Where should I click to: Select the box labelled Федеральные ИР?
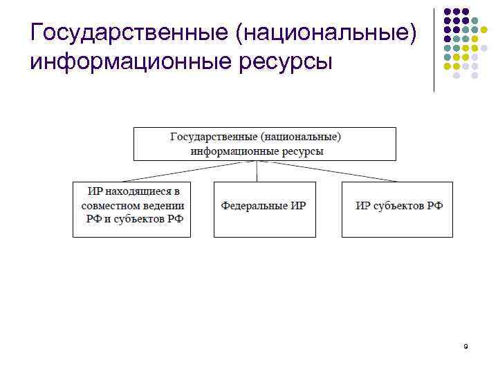click(x=264, y=209)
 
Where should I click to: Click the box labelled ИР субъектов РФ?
click(x=397, y=209)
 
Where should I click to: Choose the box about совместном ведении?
click(x=131, y=209)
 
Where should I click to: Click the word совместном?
click(x=110, y=206)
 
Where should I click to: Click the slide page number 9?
click(x=466, y=347)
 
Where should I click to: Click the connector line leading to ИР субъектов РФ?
click(x=328, y=171)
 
